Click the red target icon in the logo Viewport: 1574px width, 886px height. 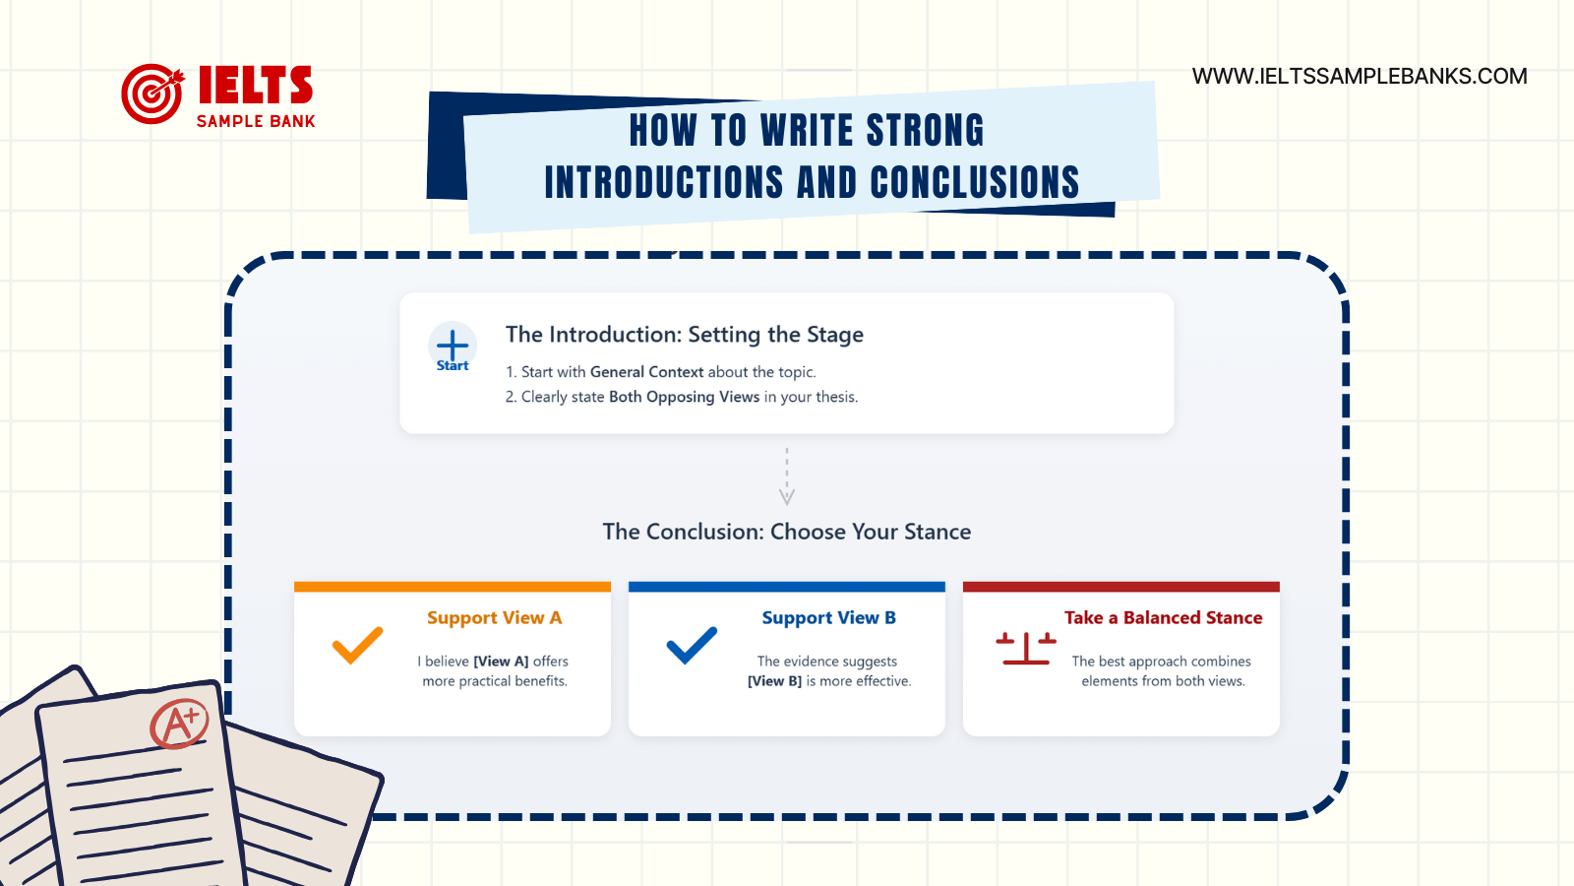click(151, 95)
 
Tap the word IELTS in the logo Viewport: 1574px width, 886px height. click(255, 86)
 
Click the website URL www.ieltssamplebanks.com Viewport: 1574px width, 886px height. click(1360, 77)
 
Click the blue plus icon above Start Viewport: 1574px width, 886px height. click(453, 345)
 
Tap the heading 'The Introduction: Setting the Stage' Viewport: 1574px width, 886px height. click(685, 335)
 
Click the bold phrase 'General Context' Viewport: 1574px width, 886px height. click(646, 372)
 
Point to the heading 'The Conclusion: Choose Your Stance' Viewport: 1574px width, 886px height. click(787, 532)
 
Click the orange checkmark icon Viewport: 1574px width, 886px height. click(357, 646)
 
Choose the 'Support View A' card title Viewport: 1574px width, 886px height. click(494, 618)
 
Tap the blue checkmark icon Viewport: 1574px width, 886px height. click(692, 646)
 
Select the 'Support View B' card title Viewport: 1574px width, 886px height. click(828, 618)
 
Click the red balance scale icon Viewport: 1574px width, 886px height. click(1025, 648)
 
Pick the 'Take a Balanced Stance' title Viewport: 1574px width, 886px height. click(1163, 618)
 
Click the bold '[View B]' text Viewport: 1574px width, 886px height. click(774, 681)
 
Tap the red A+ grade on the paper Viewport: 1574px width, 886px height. click(179, 726)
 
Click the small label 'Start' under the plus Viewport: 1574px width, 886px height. click(453, 366)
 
